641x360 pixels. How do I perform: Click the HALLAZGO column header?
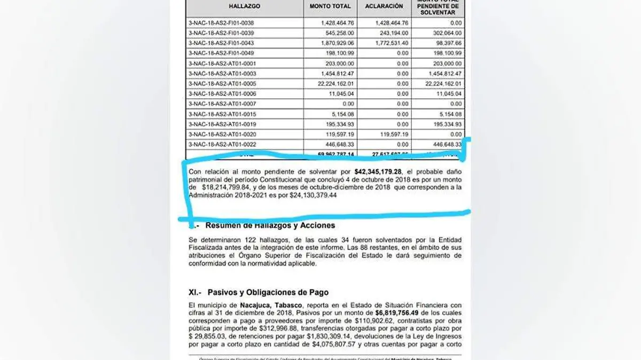(244, 6)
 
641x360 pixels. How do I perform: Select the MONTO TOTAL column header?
(330, 6)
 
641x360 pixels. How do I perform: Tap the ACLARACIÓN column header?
(384, 6)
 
